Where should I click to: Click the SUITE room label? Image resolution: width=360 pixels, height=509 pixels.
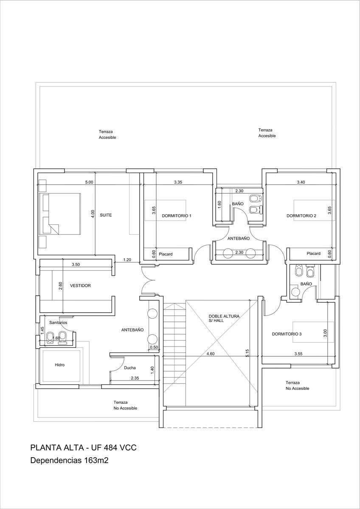click(x=106, y=215)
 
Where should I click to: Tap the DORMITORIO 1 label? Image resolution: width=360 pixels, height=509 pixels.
click(x=177, y=215)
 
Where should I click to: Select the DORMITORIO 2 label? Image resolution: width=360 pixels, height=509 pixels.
click(x=301, y=215)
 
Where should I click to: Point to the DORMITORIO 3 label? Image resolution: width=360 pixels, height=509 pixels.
click(x=287, y=334)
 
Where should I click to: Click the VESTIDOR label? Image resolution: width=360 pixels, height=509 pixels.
click(x=80, y=285)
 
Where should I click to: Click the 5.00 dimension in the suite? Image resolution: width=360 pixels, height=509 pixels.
click(x=89, y=182)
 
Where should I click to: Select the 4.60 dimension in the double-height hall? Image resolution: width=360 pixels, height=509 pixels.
click(x=211, y=354)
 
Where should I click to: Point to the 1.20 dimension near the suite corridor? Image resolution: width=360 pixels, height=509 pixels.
click(x=127, y=260)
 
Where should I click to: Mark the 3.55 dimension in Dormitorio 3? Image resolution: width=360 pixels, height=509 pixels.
click(x=298, y=354)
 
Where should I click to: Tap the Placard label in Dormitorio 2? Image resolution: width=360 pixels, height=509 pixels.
click(x=313, y=253)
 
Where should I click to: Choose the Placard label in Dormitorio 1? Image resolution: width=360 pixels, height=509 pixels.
click(x=166, y=254)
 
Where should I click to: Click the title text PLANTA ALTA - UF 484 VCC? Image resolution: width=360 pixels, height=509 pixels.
click(x=84, y=447)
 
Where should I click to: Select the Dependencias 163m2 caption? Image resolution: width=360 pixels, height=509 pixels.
click(x=69, y=460)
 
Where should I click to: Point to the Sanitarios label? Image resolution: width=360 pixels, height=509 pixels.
click(x=58, y=322)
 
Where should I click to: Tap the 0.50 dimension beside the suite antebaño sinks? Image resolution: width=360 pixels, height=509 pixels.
click(x=154, y=347)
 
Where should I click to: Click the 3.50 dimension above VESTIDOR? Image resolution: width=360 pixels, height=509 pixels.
click(x=76, y=265)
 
